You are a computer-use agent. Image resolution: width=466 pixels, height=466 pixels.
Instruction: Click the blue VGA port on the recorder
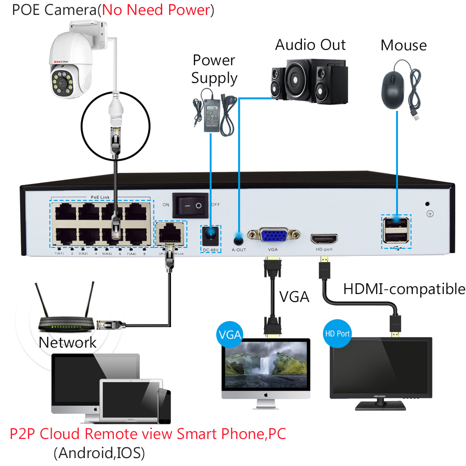coord(274,236)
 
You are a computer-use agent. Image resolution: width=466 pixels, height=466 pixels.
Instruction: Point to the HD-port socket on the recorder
coord(324,239)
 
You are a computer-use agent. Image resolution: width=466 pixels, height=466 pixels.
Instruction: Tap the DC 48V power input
coord(211,235)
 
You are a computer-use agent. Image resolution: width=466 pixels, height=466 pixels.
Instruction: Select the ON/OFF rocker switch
coord(190,205)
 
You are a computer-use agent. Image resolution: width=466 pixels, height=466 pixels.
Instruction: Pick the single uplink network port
coord(171,231)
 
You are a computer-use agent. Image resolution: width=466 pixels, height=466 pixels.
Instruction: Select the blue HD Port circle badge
coord(336,334)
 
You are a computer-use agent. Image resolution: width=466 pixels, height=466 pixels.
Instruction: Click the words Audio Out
coord(310,45)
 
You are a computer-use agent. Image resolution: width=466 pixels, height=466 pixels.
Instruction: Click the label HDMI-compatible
coord(404,289)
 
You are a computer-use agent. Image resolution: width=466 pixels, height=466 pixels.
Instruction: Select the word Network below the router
coord(68,343)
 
